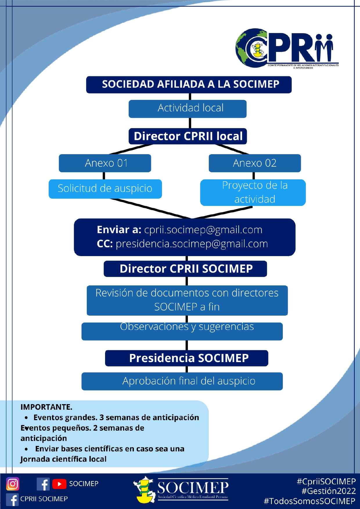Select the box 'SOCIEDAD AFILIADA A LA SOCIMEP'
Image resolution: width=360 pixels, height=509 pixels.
189,84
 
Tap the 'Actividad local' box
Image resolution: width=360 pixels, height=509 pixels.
188,109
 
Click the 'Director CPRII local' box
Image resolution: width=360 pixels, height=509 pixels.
188,136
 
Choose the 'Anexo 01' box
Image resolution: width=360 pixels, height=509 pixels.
105,163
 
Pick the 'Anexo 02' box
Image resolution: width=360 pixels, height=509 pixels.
255,163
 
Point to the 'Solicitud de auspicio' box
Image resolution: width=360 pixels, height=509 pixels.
105,189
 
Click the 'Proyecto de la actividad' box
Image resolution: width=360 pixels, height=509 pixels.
253,193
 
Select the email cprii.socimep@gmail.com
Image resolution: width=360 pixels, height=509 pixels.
203,230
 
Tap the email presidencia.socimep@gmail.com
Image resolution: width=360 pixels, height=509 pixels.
192,244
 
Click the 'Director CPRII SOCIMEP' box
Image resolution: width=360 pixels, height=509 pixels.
185,269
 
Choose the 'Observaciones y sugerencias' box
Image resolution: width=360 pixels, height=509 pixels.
182,331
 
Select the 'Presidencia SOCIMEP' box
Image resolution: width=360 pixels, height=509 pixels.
186,358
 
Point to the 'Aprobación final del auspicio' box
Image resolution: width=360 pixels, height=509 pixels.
182,381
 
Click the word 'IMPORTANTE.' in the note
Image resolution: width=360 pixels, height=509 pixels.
46,407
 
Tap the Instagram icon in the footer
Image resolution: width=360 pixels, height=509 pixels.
13,484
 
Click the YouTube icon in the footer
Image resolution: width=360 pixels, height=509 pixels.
59,484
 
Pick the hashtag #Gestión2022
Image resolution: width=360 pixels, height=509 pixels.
329,491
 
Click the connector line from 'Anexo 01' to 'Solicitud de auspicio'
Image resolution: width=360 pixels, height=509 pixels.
104,176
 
